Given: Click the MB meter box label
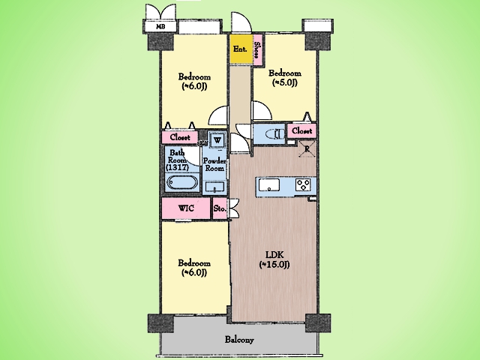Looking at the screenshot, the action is pyautogui.click(x=160, y=27).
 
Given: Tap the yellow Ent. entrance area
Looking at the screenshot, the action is pyautogui.click(x=241, y=49).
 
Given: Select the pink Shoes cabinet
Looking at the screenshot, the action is pyautogui.click(x=257, y=49).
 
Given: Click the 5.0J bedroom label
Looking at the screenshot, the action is pyautogui.click(x=285, y=78).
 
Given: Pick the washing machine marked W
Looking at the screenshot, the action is pyautogui.click(x=217, y=140).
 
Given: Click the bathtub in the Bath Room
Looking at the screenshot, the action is pyautogui.click(x=182, y=183).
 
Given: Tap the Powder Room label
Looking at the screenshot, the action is pyautogui.click(x=214, y=164).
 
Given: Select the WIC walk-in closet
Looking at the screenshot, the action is pyautogui.click(x=186, y=208).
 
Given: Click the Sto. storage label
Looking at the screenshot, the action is pyautogui.click(x=220, y=208).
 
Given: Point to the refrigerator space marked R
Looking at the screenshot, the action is pyautogui.click(x=307, y=149).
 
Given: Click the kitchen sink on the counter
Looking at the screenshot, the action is pyautogui.click(x=269, y=185).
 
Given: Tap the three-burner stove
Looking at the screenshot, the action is pyautogui.click(x=303, y=185).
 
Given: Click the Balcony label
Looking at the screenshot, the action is pyautogui.click(x=239, y=340).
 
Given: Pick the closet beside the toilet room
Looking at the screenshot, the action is pyautogui.click(x=301, y=131).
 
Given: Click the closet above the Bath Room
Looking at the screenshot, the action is pyautogui.click(x=180, y=137).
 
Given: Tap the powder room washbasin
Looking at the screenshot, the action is pyautogui.click(x=214, y=187).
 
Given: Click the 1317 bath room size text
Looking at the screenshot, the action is pyautogui.click(x=177, y=168).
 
